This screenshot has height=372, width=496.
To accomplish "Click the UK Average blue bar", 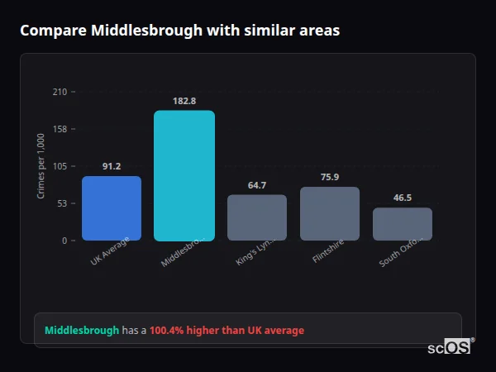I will click(112, 208).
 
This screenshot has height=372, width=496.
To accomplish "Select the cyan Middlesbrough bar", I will click(184, 175).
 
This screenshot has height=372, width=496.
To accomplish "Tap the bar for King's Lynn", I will click(257, 217).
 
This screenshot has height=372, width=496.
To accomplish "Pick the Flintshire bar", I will click(330, 213).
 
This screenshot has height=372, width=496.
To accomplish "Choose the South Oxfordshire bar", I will click(403, 224).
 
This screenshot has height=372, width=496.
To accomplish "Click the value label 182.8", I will click(184, 101).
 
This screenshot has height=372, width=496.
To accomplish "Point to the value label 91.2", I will click(112, 166).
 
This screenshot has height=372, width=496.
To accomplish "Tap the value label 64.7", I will click(257, 185).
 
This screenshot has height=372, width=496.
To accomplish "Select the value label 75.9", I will click(330, 177).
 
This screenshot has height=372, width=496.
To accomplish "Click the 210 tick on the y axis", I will click(60, 92).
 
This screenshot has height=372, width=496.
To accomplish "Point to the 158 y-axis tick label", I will click(60, 129).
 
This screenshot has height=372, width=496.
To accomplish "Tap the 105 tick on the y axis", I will click(60, 166).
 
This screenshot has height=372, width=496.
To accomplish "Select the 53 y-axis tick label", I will click(62, 203).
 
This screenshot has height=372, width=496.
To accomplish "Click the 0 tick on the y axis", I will click(64, 241).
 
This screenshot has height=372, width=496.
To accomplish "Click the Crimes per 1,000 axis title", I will click(41, 166).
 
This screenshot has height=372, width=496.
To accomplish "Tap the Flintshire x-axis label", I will click(327, 251).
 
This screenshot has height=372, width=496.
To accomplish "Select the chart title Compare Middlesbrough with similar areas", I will click(179, 31).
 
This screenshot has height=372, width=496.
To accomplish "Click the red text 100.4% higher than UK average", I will click(227, 331).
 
